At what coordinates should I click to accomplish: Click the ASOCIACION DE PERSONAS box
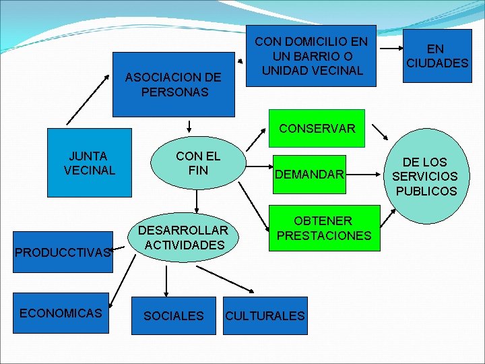[174, 85]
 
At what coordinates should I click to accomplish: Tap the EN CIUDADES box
[437, 56]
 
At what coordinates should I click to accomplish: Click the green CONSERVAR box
[317, 128]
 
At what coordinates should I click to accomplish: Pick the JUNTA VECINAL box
[89, 162]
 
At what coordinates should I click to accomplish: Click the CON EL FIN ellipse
[198, 163]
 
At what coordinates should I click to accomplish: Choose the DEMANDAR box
[309, 175]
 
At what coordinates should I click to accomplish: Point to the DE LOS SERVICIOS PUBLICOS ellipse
[426, 177]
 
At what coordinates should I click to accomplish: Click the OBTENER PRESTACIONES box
[324, 229]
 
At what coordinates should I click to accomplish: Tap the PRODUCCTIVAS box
[63, 252]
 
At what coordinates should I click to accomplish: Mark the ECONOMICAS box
[61, 313]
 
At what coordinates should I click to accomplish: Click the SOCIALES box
[174, 315]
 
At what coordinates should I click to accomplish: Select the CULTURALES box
[265, 315]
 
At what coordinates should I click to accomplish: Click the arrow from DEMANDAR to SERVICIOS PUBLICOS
[366, 175]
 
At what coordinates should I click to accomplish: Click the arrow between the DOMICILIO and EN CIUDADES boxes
[389, 47]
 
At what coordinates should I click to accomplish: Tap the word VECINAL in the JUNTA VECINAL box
[89, 170]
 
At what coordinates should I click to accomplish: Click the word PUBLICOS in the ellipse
[426, 191]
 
